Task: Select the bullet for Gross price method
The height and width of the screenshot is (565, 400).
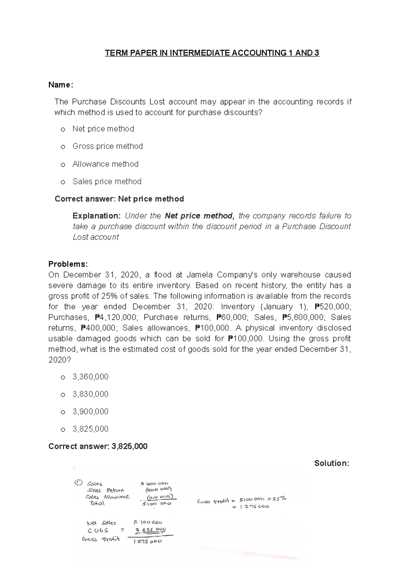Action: pos(63,147)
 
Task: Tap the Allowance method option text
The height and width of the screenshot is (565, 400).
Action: pos(105,164)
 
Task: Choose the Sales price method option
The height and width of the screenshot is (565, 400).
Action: pos(107,181)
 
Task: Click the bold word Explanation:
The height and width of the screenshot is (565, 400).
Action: pos(97,216)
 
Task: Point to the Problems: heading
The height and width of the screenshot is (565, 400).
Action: pos(68,264)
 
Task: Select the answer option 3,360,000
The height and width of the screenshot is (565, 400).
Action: pos(90,377)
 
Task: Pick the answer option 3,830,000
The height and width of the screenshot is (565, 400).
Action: pos(90,394)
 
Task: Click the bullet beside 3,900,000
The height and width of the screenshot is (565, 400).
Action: pos(63,412)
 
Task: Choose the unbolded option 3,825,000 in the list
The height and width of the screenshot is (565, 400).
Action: pos(90,429)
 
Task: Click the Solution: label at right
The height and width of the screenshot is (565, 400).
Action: pos(331,463)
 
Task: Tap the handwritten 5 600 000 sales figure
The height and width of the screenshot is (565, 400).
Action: pos(155,483)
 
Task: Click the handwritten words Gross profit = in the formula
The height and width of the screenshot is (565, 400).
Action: pos(216,501)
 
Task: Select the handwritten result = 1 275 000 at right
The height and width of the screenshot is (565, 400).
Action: pos(253,507)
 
